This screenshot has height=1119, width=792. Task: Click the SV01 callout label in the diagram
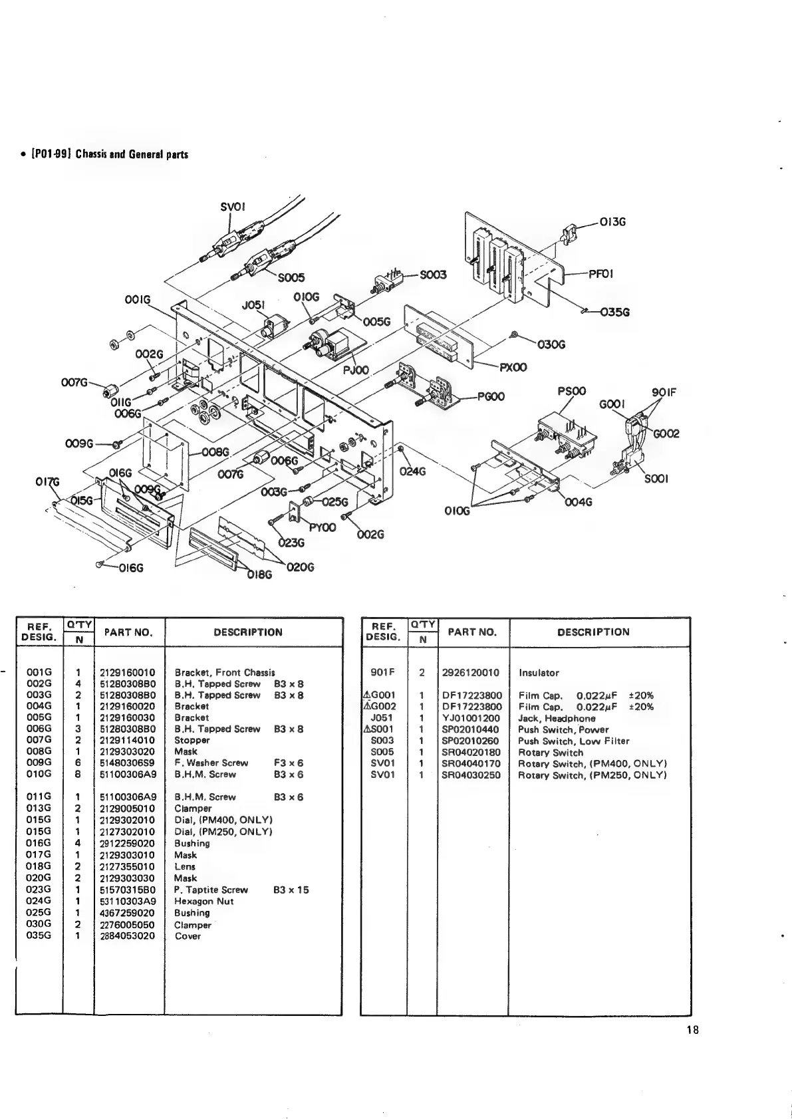233,207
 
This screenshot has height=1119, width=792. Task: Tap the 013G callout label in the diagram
612,223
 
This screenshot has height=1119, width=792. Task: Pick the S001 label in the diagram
656,479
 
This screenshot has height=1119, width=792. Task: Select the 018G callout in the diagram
259,576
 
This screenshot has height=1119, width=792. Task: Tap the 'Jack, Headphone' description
557,718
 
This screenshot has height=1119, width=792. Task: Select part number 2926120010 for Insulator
471,672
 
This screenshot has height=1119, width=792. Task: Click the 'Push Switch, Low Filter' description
573,741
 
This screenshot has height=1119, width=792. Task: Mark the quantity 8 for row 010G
78,774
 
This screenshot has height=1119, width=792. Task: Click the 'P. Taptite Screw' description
211,890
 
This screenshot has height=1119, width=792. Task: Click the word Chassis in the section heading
94,155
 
